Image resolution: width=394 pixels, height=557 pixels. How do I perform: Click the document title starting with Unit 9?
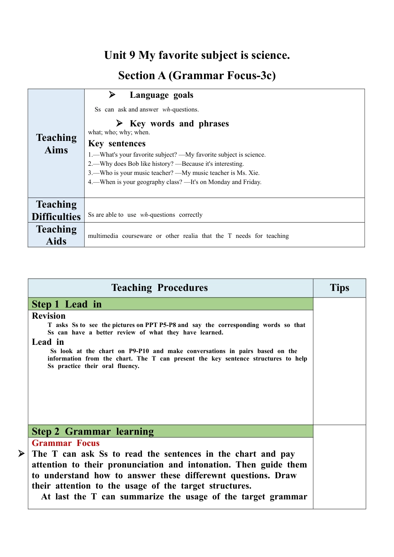click(x=197, y=56)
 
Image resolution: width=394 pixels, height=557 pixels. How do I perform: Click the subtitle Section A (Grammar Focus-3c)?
click(x=197, y=75)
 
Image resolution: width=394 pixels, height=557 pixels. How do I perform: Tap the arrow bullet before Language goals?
click(x=112, y=95)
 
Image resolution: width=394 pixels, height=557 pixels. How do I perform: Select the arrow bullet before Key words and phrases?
click(x=119, y=123)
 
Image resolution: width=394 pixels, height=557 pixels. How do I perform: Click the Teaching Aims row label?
click(x=56, y=143)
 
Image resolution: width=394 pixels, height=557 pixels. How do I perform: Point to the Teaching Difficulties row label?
click(x=56, y=210)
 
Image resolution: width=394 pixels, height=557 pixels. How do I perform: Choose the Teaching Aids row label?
click(x=56, y=235)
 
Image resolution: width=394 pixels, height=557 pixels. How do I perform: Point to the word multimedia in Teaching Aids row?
click(x=103, y=236)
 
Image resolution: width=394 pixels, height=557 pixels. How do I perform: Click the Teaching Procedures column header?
click(x=160, y=288)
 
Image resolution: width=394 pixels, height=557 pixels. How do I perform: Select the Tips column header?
click(x=339, y=288)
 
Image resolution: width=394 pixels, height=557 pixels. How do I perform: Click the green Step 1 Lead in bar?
click(x=170, y=304)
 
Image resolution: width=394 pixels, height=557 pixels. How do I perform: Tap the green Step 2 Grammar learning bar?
click(x=170, y=431)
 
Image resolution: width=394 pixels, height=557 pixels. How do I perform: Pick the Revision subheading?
click(x=49, y=316)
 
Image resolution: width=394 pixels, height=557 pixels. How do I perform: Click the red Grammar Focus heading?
click(x=66, y=443)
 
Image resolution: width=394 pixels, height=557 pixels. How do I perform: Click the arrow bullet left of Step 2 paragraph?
click(x=22, y=454)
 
